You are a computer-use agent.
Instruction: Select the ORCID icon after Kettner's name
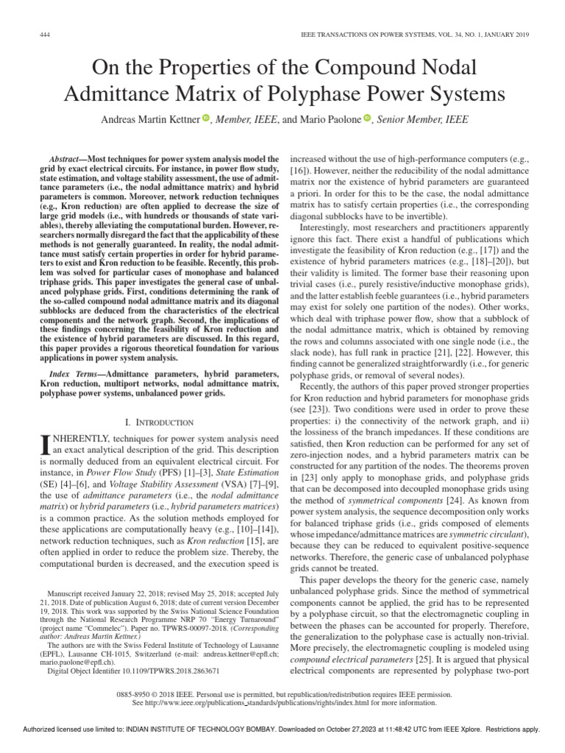coord(206,118)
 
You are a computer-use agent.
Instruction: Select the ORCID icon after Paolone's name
coord(366,118)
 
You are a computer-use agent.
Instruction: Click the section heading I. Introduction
coord(160,423)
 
